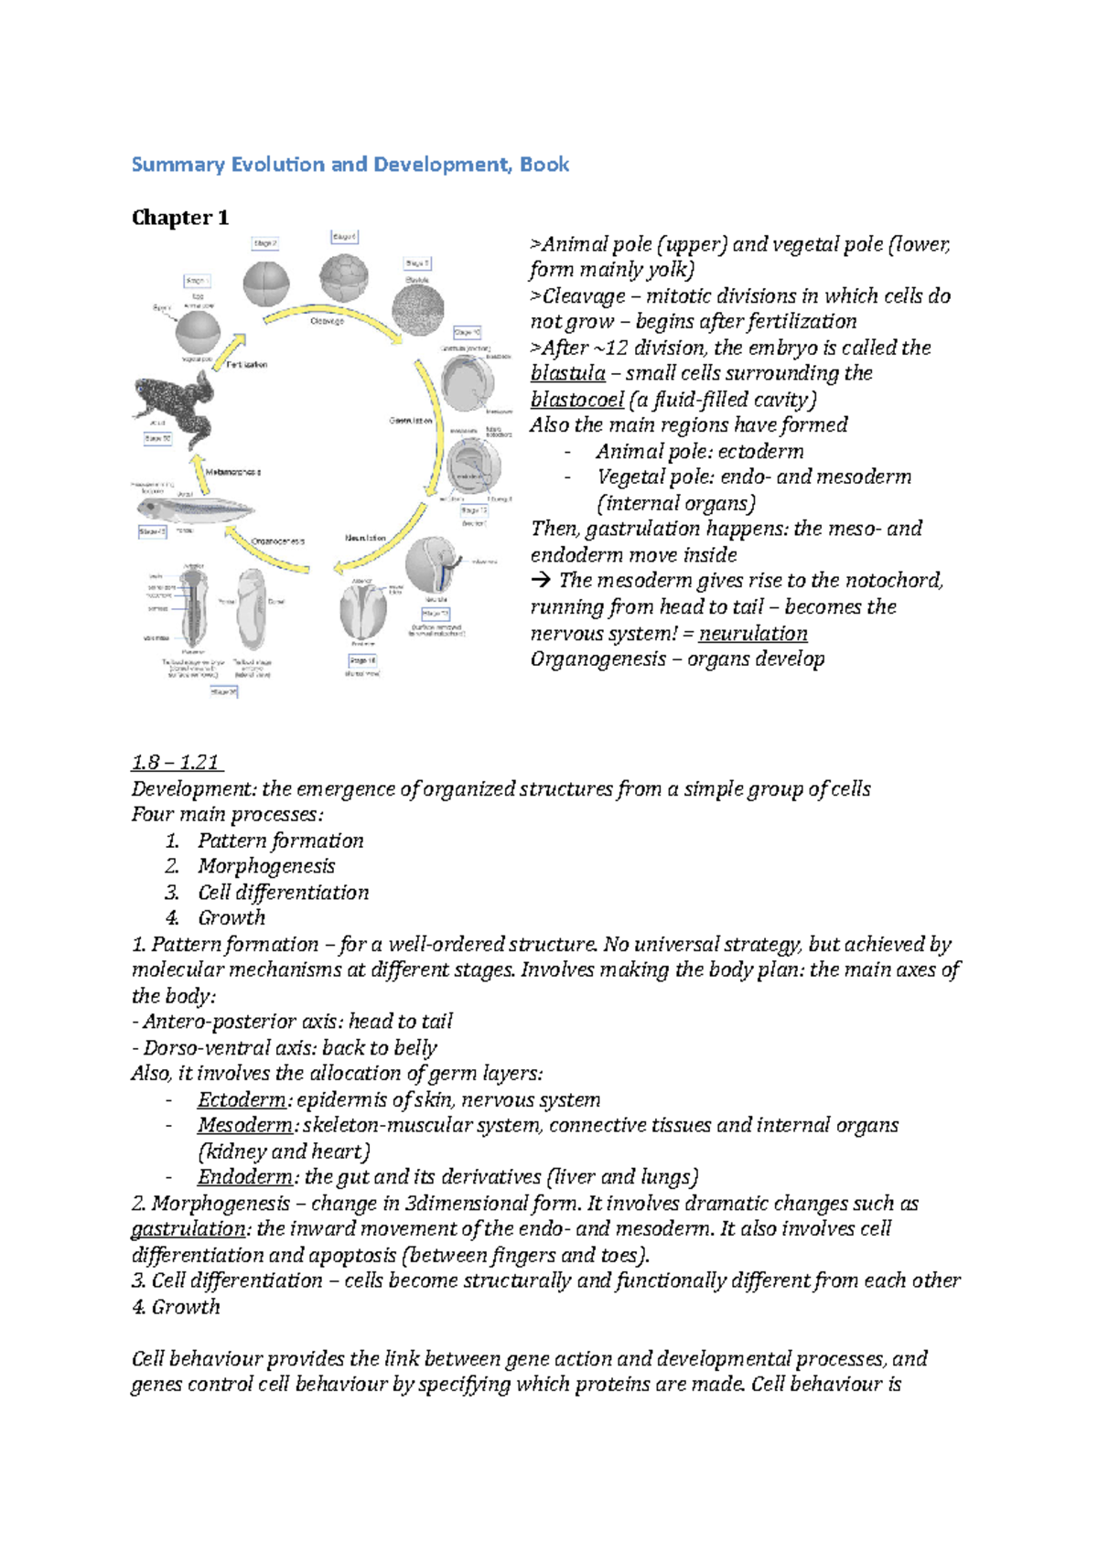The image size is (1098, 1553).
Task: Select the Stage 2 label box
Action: [x=265, y=243]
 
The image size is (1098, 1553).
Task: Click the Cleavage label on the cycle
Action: [x=327, y=321]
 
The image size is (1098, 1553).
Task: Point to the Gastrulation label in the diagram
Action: [x=411, y=421]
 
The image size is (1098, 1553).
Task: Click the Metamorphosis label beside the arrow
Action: [x=233, y=472]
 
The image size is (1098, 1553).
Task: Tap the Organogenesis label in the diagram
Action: [x=277, y=541]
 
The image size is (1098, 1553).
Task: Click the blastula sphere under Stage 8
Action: [x=418, y=309]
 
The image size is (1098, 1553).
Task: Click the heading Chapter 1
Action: [x=180, y=218]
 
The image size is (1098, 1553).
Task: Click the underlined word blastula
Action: [x=567, y=373]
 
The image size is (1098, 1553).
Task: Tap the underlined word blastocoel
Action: [x=576, y=400]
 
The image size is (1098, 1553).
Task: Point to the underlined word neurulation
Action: [x=753, y=633]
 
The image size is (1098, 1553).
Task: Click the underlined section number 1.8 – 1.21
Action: [x=177, y=763]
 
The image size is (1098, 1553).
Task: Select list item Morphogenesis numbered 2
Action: [x=266, y=866]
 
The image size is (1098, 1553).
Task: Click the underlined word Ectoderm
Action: [x=242, y=1099]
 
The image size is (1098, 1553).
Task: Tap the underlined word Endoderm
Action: [x=244, y=1177]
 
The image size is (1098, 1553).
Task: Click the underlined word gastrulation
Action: [x=188, y=1229]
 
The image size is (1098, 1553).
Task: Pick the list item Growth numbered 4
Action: [x=231, y=918]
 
